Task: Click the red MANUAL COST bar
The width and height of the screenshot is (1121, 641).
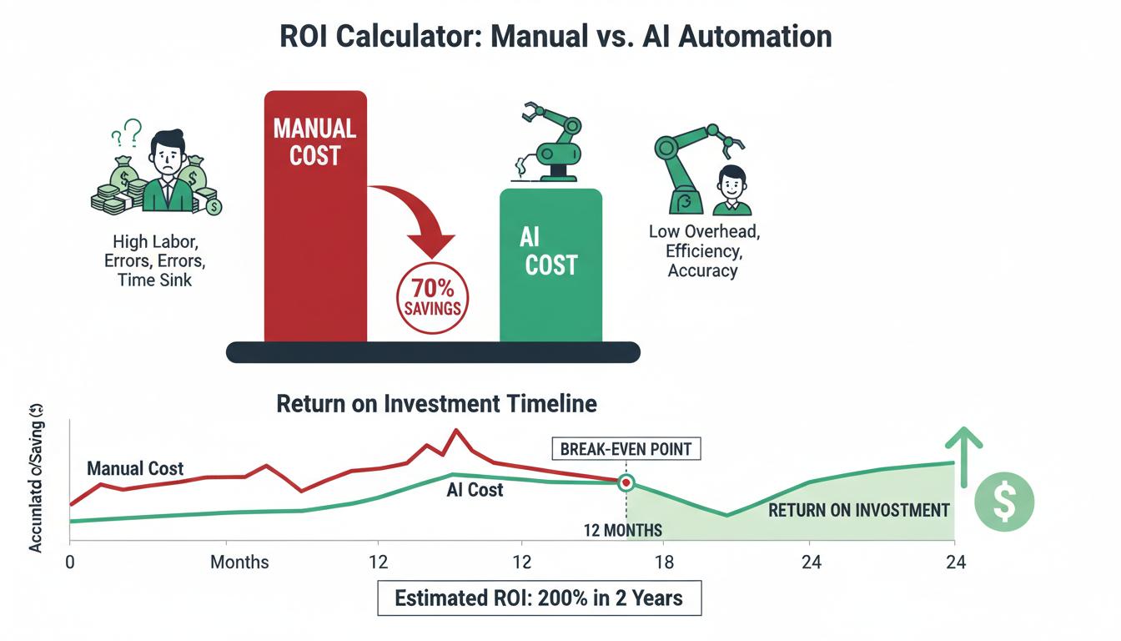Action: point(315,216)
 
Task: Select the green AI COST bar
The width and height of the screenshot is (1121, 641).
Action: point(551,265)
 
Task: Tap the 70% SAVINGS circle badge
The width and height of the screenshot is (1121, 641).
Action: point(432,298)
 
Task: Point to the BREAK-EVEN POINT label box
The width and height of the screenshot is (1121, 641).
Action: point(626,449)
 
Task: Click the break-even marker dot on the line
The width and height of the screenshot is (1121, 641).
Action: point(626,482)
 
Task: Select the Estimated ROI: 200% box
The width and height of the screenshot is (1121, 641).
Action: point(539,598)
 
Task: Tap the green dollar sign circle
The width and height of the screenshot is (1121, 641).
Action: point(1004,502)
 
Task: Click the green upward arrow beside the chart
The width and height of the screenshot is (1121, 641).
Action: point(964,456)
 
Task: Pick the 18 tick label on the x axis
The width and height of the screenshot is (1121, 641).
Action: point(664,562)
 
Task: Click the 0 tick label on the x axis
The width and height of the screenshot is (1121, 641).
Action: point(70,562)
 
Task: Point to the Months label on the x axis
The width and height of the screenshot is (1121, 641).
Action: point(239,562)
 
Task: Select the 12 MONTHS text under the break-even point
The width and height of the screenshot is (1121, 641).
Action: point(622,530)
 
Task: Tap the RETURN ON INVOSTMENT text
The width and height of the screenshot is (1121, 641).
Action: point(859,510)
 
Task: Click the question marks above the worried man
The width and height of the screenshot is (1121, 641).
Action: point(127,132)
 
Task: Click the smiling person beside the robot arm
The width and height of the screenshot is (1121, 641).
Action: point(731,190)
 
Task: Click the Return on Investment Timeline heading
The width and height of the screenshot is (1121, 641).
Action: point(436,404)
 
